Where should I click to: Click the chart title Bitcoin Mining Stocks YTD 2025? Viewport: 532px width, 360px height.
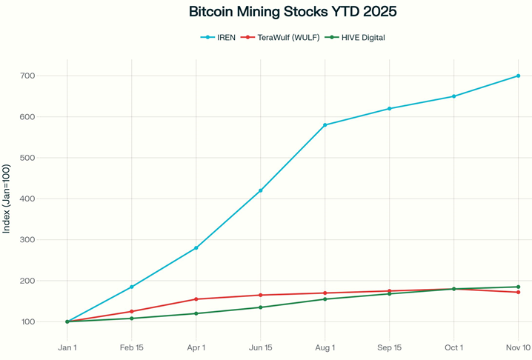(x=293, y=12)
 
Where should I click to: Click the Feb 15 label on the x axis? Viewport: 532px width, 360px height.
(x=132, y=347)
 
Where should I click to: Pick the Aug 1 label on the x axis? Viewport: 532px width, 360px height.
(x=325, y=347)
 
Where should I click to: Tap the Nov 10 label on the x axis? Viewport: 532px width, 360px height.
(x=518, y=347)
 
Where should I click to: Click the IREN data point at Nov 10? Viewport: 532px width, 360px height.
(x=518, y=76)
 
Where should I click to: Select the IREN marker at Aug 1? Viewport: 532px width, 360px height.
(x=325, y=125)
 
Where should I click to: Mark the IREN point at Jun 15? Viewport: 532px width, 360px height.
(x=261, y=190)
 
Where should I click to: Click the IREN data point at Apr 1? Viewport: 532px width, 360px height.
(x=196, y=248)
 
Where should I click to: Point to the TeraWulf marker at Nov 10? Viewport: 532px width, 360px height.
(x=518, y=293)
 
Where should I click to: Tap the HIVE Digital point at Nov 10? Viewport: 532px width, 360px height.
(x=518, y=287)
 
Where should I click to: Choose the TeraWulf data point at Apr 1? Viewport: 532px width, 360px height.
(x=196, y=299)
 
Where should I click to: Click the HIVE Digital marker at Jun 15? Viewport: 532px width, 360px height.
(x=261, y=307)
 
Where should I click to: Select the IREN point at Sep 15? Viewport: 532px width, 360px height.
(x=389, y=109)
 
